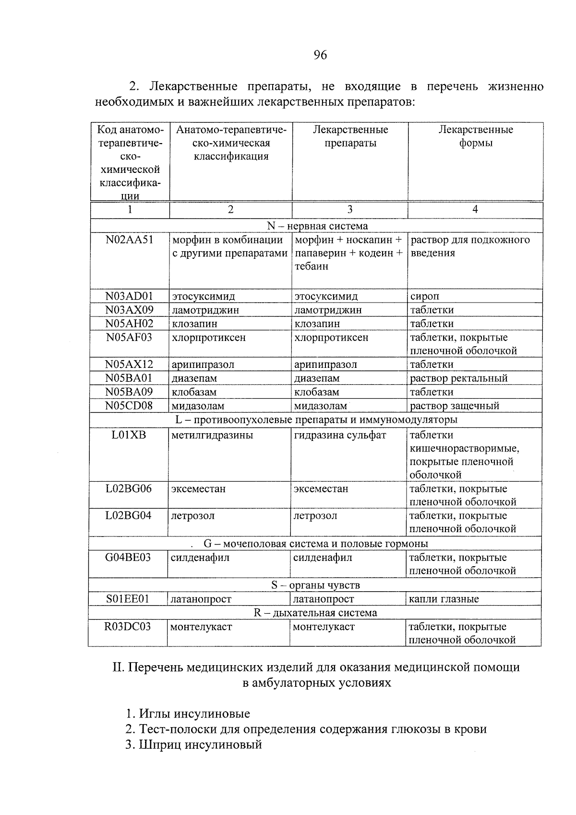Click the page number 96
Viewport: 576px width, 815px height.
pyautogui.click(x=320, y=55)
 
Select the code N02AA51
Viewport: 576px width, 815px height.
pyautogui.click(x=129, y=240)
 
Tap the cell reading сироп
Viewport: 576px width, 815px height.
pyautogui.click(x=424, y=296)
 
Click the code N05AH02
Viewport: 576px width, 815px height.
pyautogui.click(x=129, y=324)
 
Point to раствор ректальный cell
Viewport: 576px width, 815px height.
pyautogui.click(x=458, y=378)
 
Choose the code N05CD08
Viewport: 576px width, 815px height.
pyautogui.click(x=129, y=406)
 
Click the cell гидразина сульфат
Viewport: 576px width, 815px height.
pyautogui.click(x=340, y=436)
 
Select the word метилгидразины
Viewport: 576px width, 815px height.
pyautogui.click(x=212, y=436)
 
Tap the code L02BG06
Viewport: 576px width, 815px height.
pyautogui.click(x=128, y=489)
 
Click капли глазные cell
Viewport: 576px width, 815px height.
pyautogui.click(x=444, y=599)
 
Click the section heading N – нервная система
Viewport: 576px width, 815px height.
pyautogui.click(x=317, y=226)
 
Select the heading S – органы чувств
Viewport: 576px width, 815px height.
pyautogui.click(x=315, y=585)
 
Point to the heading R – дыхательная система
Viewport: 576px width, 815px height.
pyautogui.click(x=315, y=613)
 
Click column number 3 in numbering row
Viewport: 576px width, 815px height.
pyautogui.click(x=349, y=209)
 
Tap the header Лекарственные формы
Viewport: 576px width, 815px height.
pyautogui.click(x=475, y=136)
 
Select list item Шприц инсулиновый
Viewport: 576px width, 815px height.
pyautogui.click(x=194, y=745)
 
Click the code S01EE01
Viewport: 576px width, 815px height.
pyautogui.click(x=128, y=599)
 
